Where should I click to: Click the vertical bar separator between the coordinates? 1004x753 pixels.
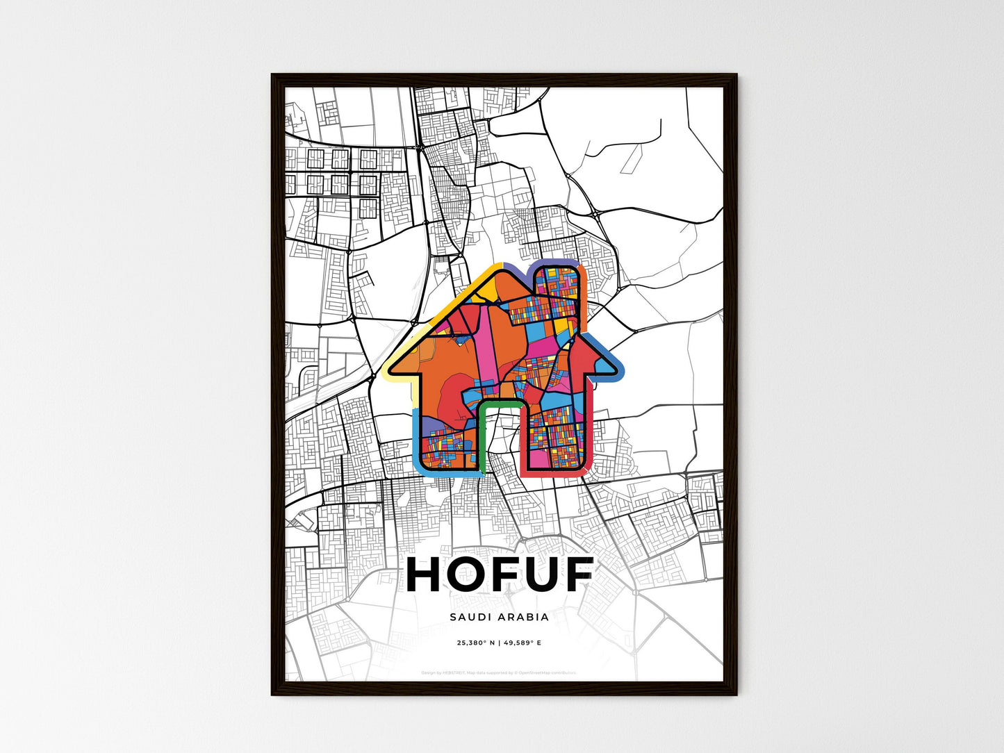point(499,643)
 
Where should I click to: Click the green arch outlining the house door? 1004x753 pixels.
point(500,403)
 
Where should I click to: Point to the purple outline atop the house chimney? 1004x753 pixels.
point(556,263)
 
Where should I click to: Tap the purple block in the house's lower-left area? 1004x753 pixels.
point(432,424)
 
